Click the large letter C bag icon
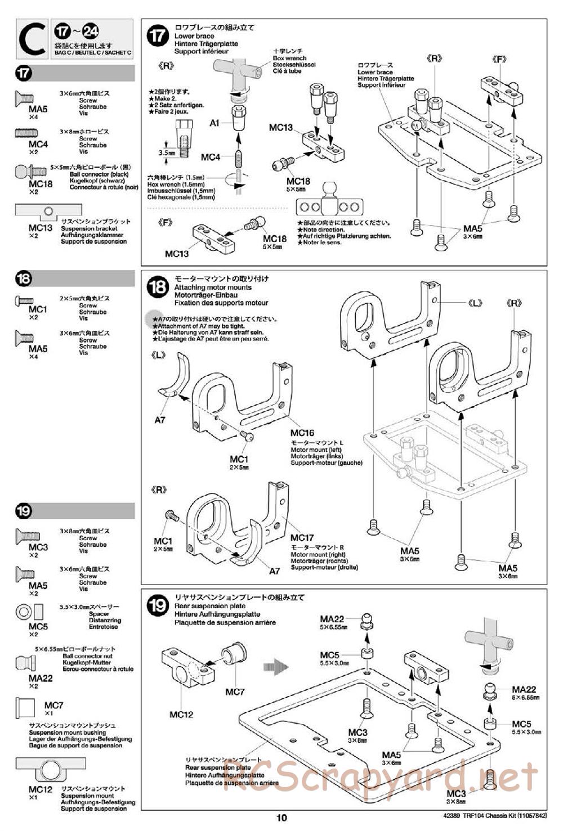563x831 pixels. coord(32,39)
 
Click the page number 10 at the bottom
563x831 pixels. coord(281,817)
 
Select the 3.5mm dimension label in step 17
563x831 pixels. coord(167,152)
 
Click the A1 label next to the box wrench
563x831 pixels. coord(215,123)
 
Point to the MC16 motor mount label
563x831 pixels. coord(302,433)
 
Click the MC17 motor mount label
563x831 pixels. coord(302,538)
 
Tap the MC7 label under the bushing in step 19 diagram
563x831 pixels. coord(235,691)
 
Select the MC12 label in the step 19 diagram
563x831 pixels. coord(181,715)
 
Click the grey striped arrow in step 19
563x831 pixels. coord(275,667)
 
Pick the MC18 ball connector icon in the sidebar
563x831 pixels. coord(26,170)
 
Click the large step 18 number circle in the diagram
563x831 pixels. coord(158,288)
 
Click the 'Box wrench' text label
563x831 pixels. coord(289,58)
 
